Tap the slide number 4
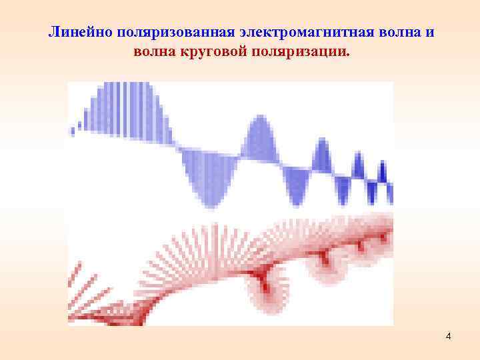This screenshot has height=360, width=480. pyautogui.click(x=449, y=336)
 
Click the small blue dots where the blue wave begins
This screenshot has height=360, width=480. pyautogui.click(x=77, y=125)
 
